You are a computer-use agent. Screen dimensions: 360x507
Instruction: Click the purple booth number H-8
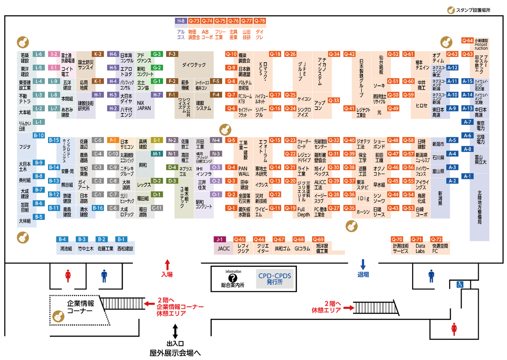coord(181,21)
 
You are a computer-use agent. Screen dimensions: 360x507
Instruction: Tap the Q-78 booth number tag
coord(259,21)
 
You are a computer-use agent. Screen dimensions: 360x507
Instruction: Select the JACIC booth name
coord(224,249)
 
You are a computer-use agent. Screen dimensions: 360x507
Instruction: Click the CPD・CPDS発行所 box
coord(275,278)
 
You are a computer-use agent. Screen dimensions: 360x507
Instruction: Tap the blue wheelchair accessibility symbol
coord(460,284)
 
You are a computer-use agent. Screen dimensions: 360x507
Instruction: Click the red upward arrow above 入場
coord(167,264)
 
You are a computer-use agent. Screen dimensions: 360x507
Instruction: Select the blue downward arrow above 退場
coord(363,264)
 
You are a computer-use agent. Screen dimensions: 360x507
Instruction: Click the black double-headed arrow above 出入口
coord(175,331)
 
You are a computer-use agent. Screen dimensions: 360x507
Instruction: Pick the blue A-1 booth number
coord(467,176)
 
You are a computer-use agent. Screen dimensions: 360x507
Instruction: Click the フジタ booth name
coord(25,147)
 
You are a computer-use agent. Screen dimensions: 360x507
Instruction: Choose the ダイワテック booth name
coord(194,65)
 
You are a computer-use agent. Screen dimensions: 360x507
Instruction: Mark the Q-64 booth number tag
coord(467,41)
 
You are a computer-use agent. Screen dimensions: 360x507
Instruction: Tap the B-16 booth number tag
coord(98,207)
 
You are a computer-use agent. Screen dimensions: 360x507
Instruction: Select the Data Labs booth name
coord(420,248)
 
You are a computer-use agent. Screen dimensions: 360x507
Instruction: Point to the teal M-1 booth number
coord(157,153)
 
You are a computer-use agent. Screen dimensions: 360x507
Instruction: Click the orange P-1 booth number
coord(113,140)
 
